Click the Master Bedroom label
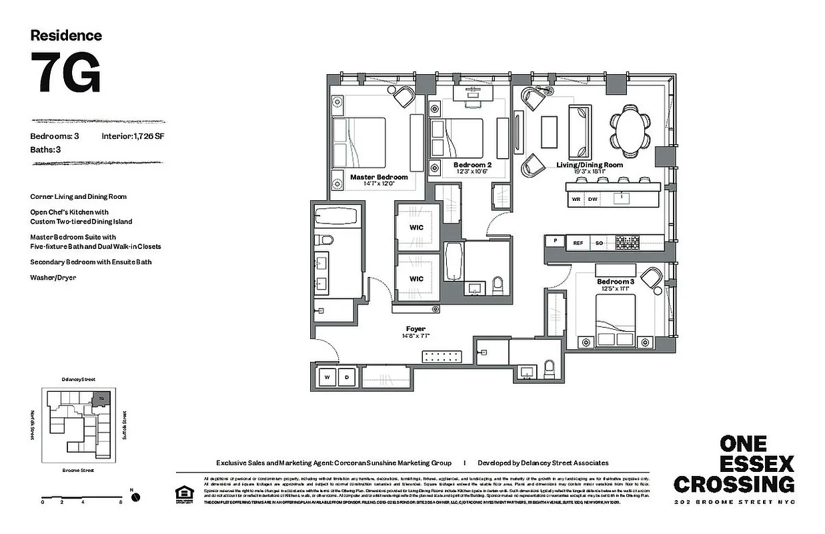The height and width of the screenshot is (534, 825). pyautogui.click(x=379, y=177)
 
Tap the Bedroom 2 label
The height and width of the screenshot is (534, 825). pyautogui.click(x=472, y=165)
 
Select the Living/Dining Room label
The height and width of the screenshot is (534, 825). pyautogui.click(x=590, y=165)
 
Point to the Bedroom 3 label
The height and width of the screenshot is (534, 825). pyautogui.click(x=615, y=282)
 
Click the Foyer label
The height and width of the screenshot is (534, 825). pyautogui.click(x=416, y=328)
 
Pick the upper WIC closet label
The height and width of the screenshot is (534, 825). pyautogui.click(x=417, y=227)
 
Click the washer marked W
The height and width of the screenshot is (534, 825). pyautogui.click(x=327, y=377)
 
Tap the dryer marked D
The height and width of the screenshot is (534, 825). pyautogui.click(x=346, y=377)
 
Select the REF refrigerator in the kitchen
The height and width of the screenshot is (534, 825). pyautogui.click(x=578, y=243)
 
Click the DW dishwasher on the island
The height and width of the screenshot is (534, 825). pyautogui.click(x=592, y=199)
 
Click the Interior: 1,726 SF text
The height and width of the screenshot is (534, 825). pyautogui.click(x=133, y=136)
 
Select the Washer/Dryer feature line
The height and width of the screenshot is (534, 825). pyautogui.click(x=53, y=277)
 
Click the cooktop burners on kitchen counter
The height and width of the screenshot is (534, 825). pyautogui.click(x=626, y=243)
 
